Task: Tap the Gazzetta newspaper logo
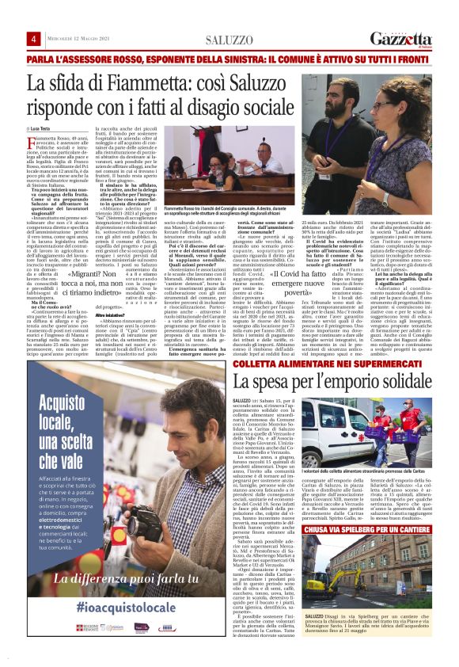click(404, 39)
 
